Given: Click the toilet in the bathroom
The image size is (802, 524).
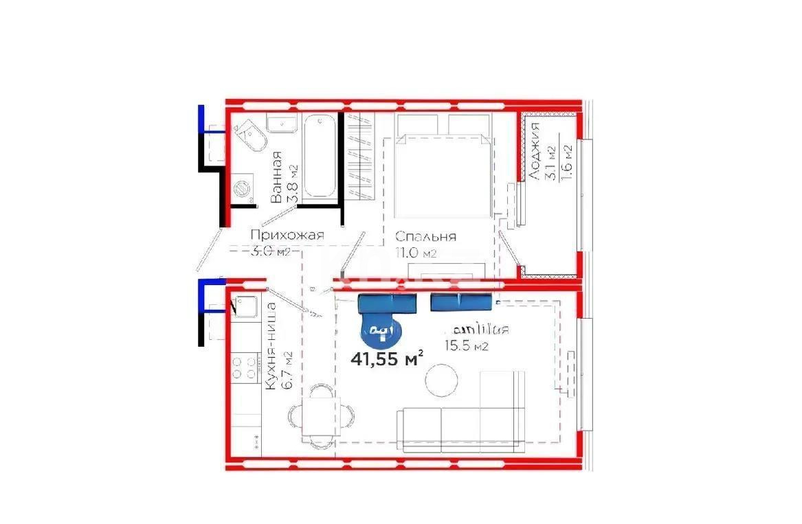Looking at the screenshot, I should click(x=252, y=137).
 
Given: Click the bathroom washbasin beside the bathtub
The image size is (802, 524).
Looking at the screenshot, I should click(x=281, y=124).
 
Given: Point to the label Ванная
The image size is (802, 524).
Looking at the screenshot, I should click(x=276, y=177).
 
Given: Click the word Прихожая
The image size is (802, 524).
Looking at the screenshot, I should click(x=287, y=236).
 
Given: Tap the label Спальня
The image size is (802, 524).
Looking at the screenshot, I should click(x=425, y=237).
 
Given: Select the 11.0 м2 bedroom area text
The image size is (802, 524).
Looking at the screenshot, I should click(x=415, y=253).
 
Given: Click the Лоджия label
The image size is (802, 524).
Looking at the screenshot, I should click(x=533, y=152).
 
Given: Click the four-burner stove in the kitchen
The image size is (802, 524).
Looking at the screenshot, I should click(x=245, y=367).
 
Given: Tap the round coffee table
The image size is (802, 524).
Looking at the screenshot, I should click(x=441, y=380).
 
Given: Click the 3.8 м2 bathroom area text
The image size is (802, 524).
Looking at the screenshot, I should click(x=293, y=184).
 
